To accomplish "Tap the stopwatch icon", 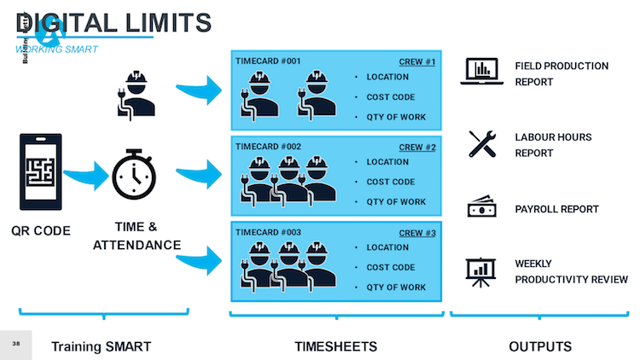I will pos(134,173).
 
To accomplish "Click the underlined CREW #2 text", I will pos(417,147).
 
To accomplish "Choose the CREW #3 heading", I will pos(417,232).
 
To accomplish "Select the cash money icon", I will pos(481,207).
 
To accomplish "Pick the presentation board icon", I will pos(482,270).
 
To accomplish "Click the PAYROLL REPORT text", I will pos(556,209).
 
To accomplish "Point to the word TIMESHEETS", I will pos(335,346).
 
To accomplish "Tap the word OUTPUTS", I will pos(539,346).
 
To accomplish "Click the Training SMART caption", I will pos(101,346).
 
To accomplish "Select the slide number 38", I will pos(15,343).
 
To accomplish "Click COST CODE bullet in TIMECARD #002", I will pos(391,182).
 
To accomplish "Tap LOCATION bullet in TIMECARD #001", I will pos(387,77).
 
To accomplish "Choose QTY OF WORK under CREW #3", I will pos(396,287).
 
